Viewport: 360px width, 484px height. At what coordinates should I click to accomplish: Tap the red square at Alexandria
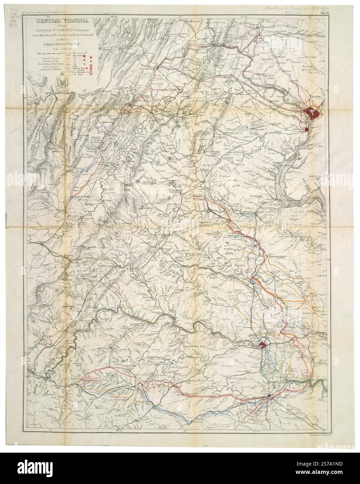coord(307,129)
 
